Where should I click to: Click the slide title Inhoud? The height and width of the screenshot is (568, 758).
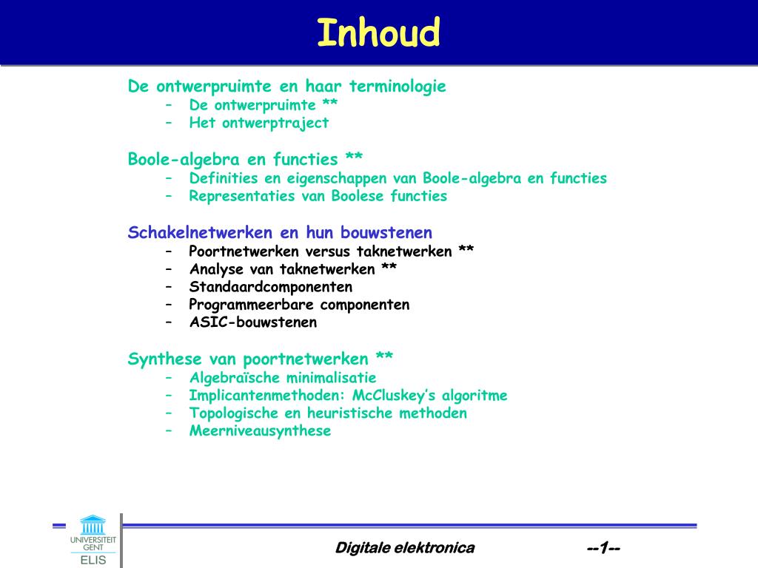coord(378,33)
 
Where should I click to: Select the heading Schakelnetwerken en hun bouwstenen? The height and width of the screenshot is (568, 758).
coord(280,232)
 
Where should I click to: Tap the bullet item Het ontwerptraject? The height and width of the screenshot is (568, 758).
coord(258,124)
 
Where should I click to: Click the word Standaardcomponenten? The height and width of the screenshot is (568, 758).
coord(271,287)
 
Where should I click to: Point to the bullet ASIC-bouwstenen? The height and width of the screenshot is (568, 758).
coord(253,322)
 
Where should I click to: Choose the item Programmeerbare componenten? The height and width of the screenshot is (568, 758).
coord(299,305)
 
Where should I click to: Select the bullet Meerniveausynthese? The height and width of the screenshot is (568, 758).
coord(260,431)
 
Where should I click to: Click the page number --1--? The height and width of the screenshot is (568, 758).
coord(603,548)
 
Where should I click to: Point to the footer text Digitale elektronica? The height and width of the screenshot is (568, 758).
coord(405,548)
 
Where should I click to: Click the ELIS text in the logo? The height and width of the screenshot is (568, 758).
coord(93,561)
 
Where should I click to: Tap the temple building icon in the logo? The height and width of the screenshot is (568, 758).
coord(93,524)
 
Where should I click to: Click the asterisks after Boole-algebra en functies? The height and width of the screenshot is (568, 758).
coord(354,157)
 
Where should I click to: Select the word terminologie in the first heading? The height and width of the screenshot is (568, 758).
coord(398,87)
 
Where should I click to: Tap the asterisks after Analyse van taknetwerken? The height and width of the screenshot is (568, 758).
coord(389,266)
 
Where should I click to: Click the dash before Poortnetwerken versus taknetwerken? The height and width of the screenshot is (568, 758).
coord(169,251)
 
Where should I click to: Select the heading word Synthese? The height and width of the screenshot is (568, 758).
coord(164,359)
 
